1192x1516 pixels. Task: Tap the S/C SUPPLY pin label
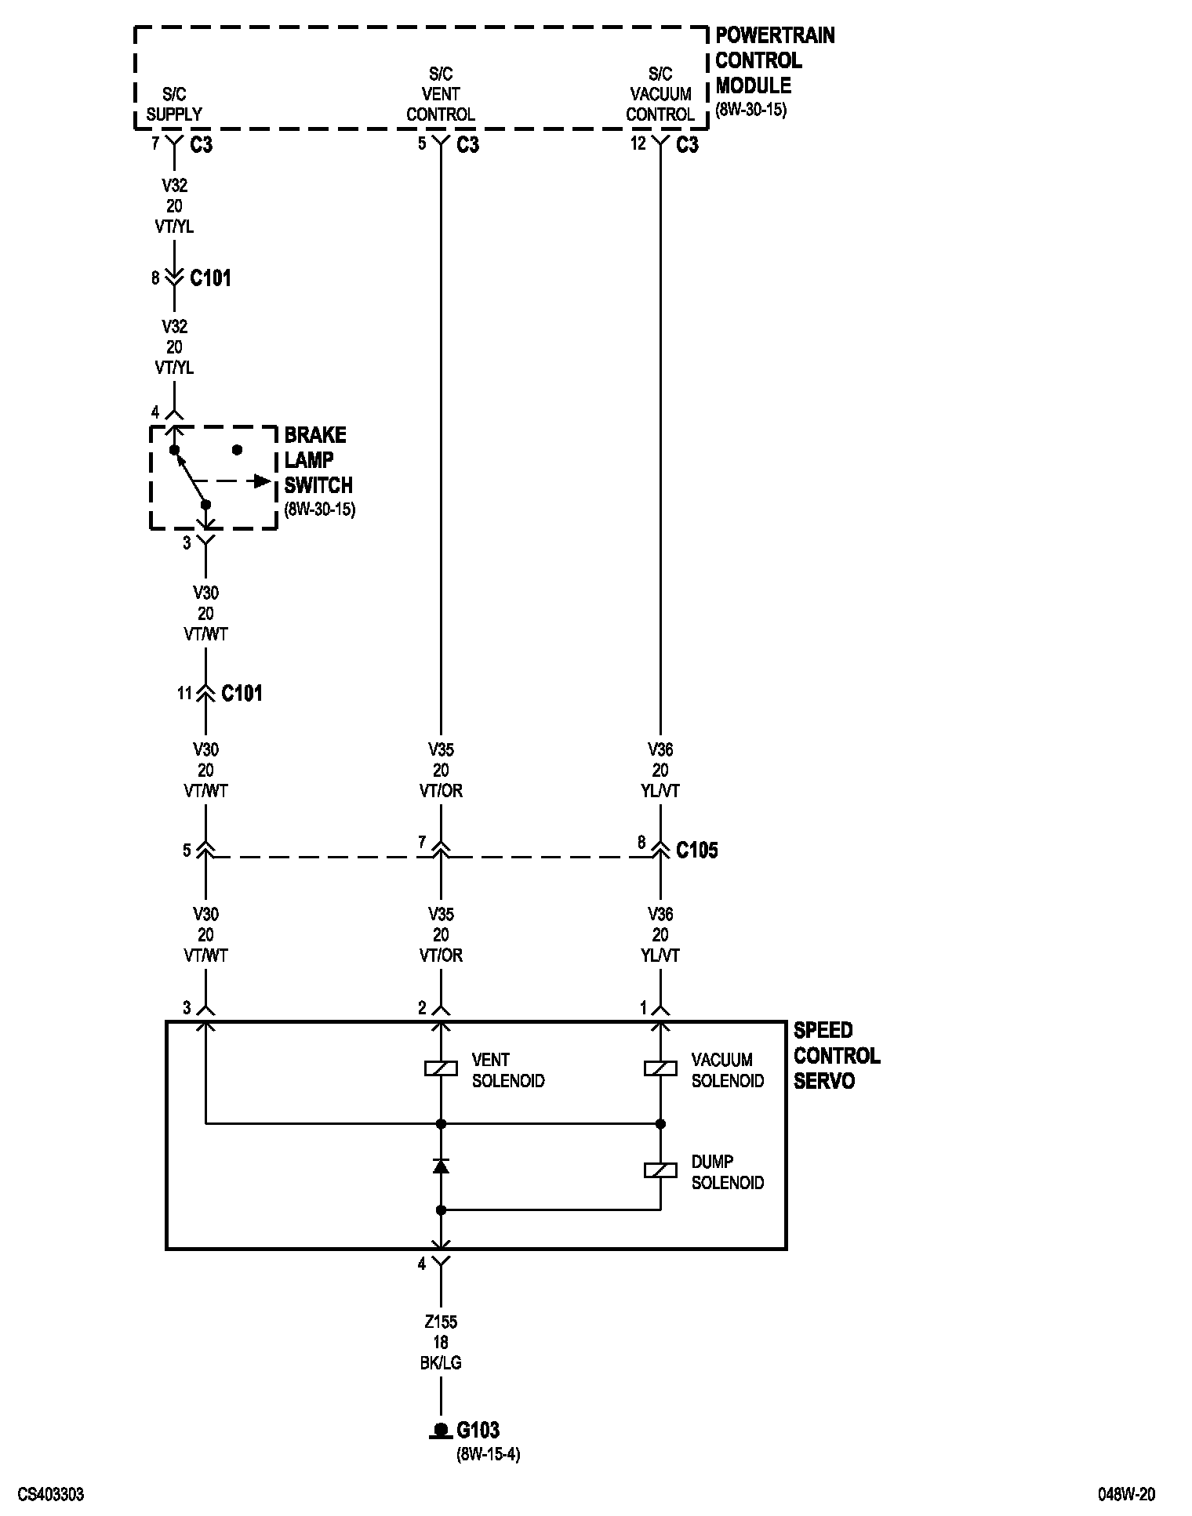[174, 104]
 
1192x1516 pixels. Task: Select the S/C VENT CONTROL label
[441, 94]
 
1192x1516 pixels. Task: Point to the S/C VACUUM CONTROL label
[660, 94]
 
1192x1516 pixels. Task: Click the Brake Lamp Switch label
[318, 460]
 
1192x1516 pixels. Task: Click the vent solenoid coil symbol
[441, 1068]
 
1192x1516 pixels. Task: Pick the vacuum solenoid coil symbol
[660, 1068]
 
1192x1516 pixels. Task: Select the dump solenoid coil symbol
[660, 1170]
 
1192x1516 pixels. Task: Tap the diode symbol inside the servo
[441, 1166]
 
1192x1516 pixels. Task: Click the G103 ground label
[478, 1431]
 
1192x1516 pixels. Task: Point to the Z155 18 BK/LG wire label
[441, 1342]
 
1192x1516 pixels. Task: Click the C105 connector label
[696, 850]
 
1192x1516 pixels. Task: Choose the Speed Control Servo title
[836, 1055]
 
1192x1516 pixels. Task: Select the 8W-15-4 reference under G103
[488, 1455]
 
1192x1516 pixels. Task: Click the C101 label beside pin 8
[210, 278]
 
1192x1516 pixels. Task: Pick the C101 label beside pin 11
[242, 693]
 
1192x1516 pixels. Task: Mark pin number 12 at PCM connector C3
[638, 143]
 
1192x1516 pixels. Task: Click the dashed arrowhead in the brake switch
[262, 481]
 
